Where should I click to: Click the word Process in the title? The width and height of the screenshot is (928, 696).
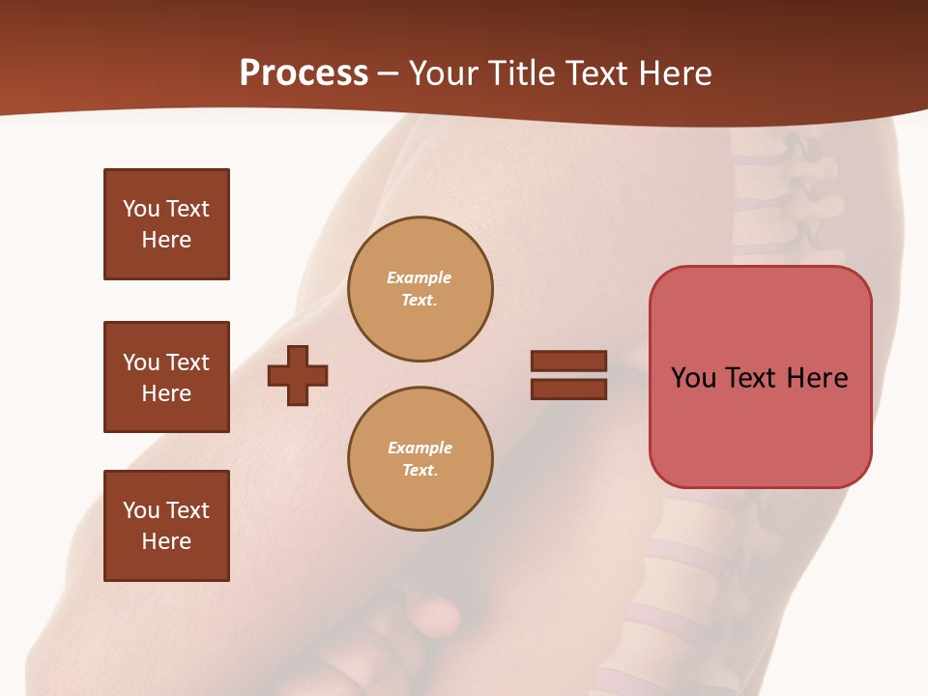pos(304,73)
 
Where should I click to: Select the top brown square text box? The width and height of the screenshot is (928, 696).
pos(166,224)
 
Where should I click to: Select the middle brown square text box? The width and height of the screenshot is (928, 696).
pos(166,377)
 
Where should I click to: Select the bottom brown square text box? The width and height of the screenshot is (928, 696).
pos(166,526)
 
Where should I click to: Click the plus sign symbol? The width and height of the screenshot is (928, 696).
pos(298,375)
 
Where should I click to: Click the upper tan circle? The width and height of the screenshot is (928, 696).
pos(420,289)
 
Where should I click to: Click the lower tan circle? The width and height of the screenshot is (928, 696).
pos(420,459)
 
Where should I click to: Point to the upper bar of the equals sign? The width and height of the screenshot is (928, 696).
pos(568,361)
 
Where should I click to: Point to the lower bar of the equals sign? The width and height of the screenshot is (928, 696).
pos(568,389)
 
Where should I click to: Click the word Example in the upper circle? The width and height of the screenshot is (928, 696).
pos(419,277)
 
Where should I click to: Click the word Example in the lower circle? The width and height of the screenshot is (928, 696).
pos(420,448)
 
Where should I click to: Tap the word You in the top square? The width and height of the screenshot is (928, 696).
pos(140,209)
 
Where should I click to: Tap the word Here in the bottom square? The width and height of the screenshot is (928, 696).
pos(166,541)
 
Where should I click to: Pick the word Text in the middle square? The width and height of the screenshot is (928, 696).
pos(186,362)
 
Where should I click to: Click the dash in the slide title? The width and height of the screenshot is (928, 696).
pos(388,73)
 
